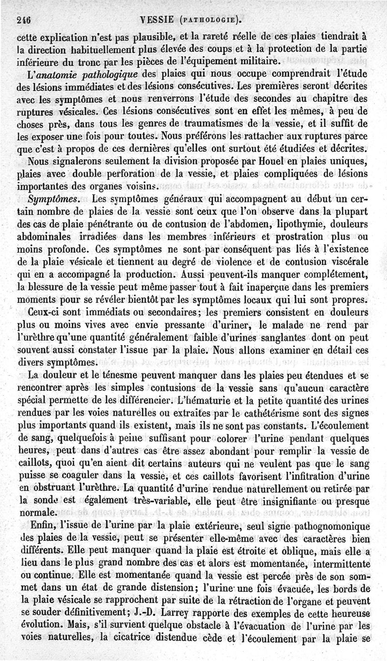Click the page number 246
[x=23, y=20]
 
